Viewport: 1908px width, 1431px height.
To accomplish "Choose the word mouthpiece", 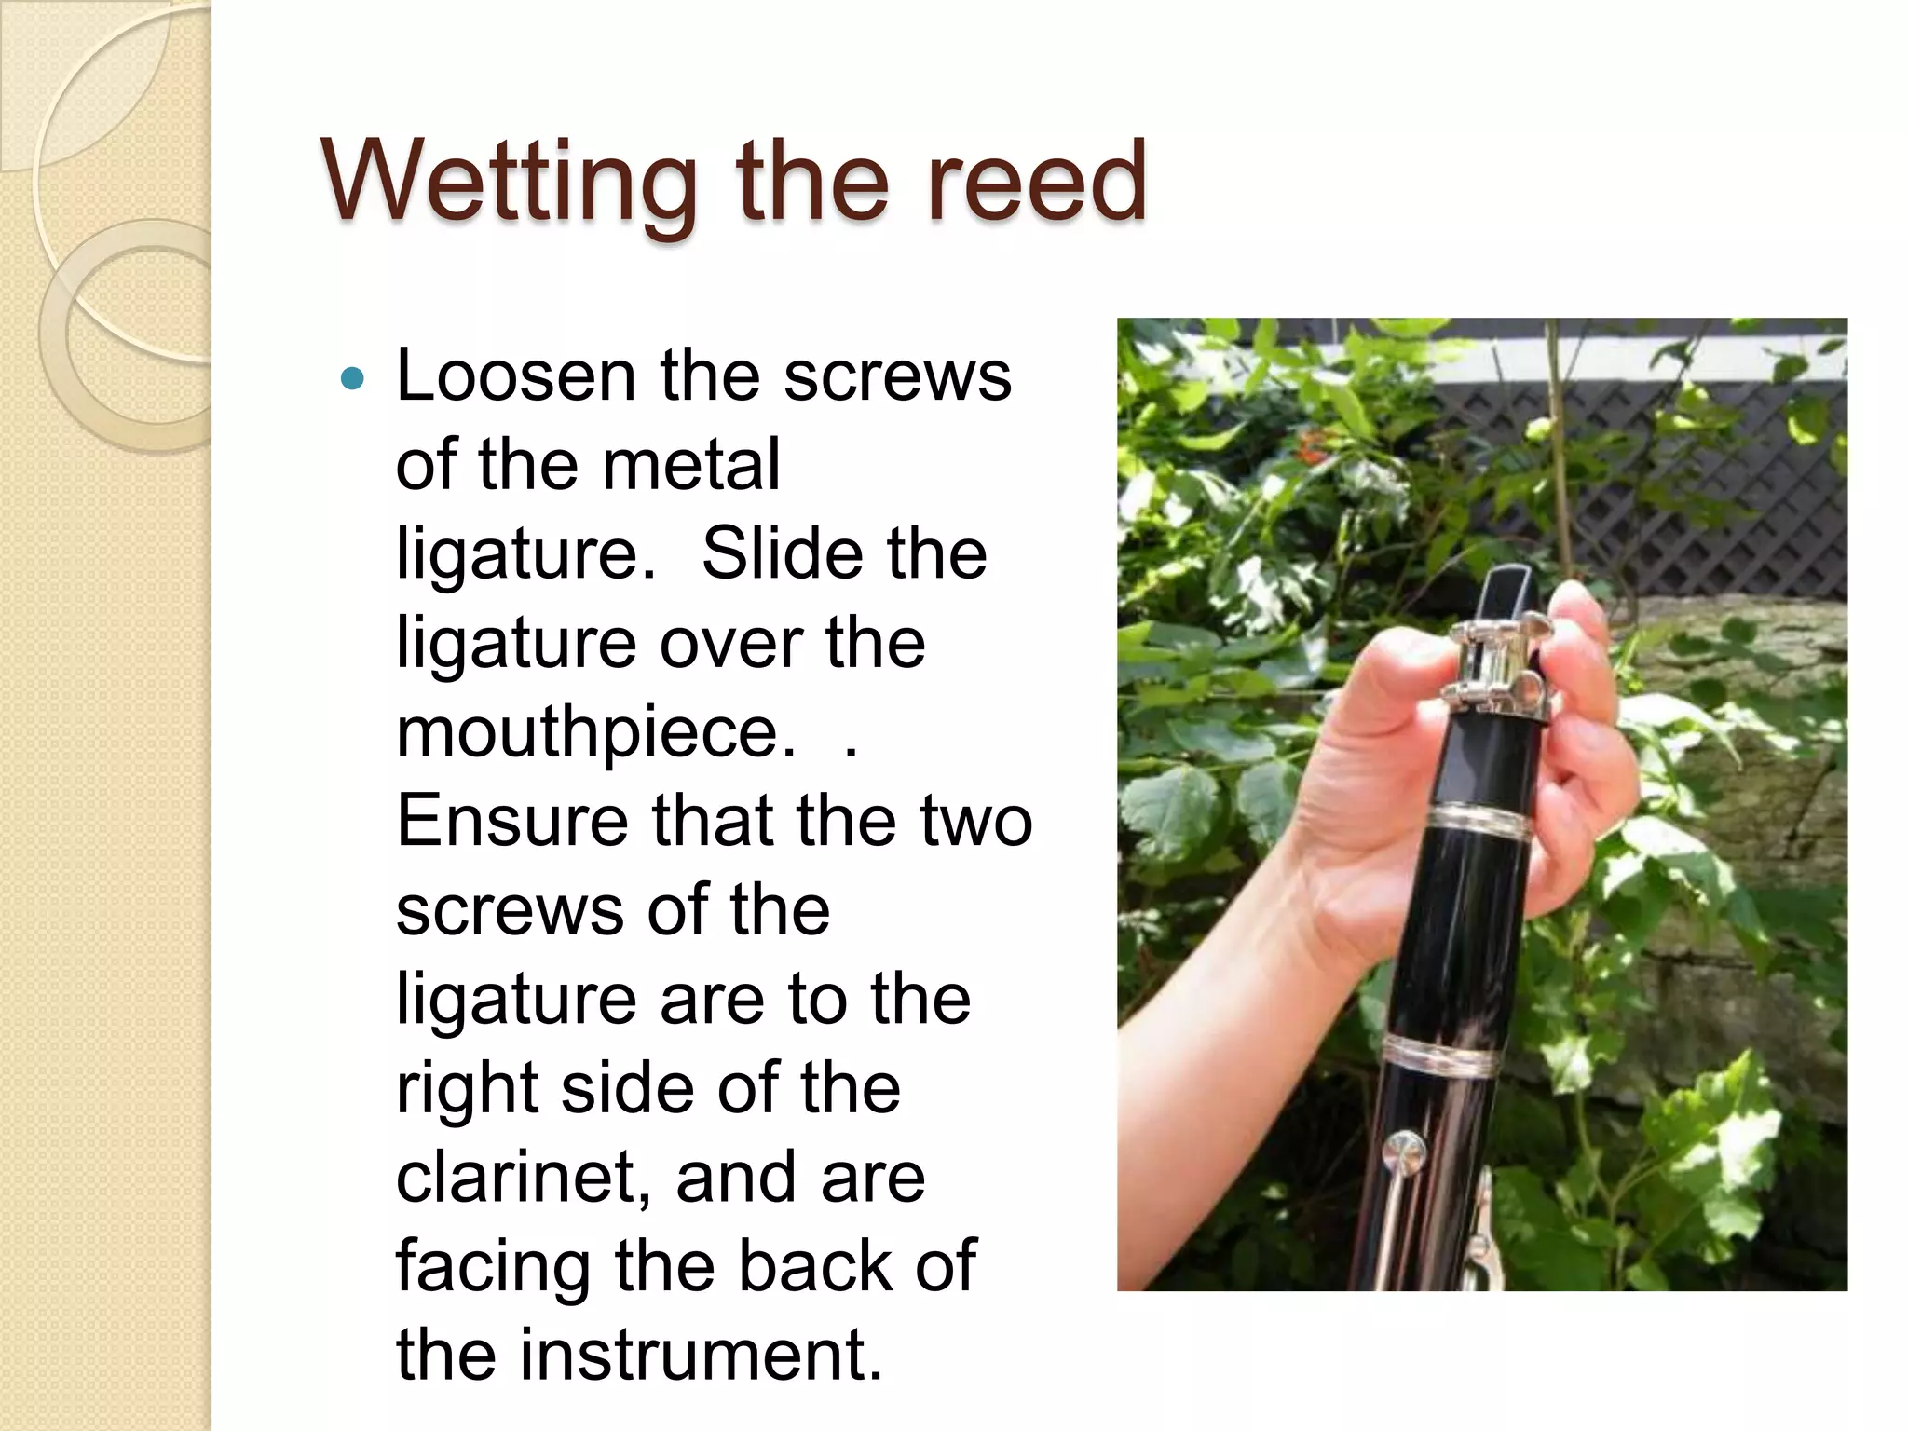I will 596,731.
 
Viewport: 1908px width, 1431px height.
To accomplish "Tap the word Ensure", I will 511,820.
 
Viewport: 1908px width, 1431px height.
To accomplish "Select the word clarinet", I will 524,1177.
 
